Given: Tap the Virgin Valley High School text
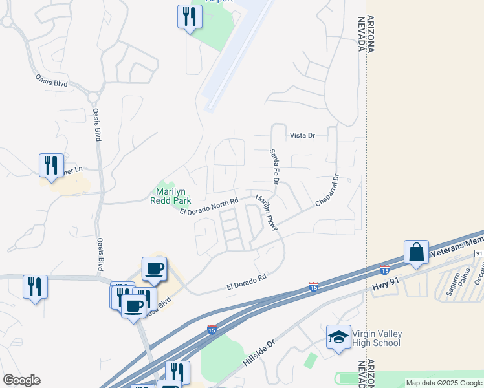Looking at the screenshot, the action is click(377, 338).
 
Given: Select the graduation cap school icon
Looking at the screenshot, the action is click(338, 338).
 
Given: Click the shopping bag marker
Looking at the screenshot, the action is click(416, 252).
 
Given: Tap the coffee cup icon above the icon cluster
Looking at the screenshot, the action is click(154, 268).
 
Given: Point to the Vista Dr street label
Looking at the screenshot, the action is click(302, 135).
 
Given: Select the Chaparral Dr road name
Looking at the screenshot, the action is click(327, 191).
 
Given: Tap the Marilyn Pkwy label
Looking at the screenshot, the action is click(267, 213).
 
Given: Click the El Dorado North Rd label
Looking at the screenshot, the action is click(209, 208).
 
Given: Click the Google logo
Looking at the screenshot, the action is click(21, 380).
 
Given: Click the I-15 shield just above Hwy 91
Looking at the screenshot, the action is click(384, 269).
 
